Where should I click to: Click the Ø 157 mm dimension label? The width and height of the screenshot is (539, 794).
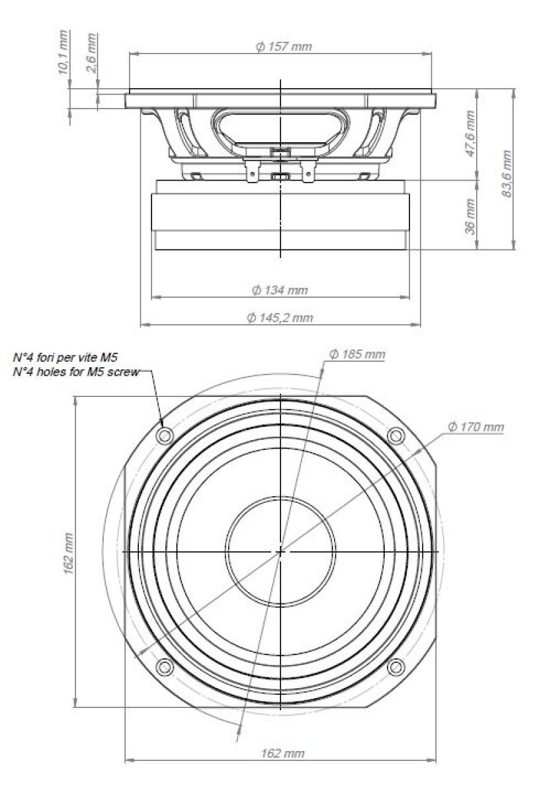click(283, 47)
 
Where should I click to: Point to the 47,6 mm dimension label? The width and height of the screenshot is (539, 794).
click(470, 134)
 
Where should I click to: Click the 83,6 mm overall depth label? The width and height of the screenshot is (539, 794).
click(507, 168)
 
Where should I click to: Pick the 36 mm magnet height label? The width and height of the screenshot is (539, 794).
click(470, 216)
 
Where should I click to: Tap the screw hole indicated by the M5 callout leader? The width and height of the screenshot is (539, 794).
click(165, 435)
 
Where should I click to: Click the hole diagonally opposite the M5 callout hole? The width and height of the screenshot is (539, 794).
click(395, 666)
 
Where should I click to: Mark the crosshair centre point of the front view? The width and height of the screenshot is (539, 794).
click(280, 551)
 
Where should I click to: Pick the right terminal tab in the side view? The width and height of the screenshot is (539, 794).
click(308, 171)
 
